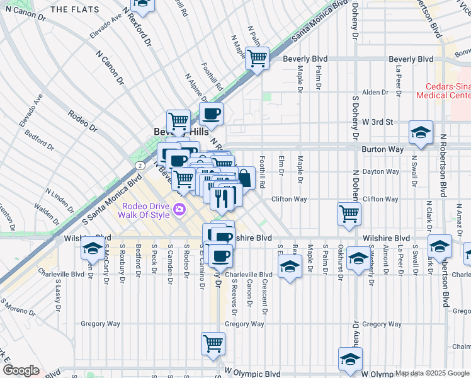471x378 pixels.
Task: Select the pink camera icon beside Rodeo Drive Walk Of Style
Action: point(180,210)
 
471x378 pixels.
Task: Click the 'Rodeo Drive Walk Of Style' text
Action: point(144,210)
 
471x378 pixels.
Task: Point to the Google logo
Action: point(21,370)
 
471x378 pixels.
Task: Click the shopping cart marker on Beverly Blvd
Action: point(258,59)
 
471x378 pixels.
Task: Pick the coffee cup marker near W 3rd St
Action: point(211,114)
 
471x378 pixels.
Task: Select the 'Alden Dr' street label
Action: point(375,92)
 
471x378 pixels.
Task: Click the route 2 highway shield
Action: point(137,164)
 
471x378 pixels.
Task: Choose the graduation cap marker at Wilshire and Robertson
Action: point(440,246)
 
